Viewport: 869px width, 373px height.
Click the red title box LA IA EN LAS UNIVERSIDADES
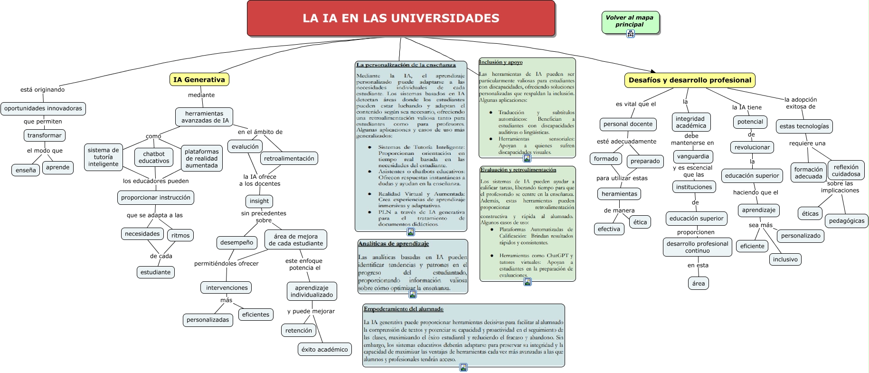401,19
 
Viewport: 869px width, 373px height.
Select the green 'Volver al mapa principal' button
630,21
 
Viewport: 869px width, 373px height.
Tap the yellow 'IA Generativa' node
199,80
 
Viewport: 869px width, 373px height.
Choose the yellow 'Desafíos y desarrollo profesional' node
690,80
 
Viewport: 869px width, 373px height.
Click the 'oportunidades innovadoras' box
43,108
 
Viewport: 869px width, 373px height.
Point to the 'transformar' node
45,135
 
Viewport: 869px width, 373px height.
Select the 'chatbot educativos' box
154,157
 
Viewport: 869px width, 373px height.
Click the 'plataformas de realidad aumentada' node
202,158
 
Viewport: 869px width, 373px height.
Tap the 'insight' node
259,201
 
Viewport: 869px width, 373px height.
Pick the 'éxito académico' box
325,349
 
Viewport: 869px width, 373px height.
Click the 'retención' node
299,330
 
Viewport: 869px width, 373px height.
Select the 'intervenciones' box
227,287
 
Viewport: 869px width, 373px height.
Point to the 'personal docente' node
628,124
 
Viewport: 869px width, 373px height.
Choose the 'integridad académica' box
691,122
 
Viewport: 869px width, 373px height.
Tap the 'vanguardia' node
693,156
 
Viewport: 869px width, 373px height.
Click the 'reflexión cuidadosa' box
846,170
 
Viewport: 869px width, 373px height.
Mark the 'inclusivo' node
785,259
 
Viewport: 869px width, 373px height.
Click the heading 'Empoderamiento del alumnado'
404,309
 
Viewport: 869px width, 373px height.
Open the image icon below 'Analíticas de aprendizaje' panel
413,294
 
